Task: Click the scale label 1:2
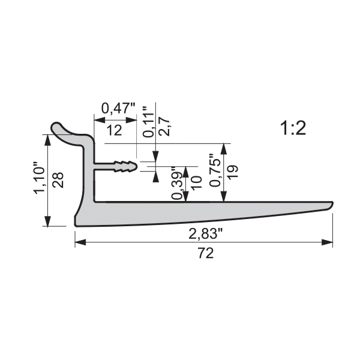click(293, 128)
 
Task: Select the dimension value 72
click(206, 253)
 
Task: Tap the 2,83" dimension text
click(206, 234)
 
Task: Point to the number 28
click(58, 180)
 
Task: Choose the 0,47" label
click(118, 109)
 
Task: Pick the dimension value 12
click(114, 130)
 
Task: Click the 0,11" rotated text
click(148, 122)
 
